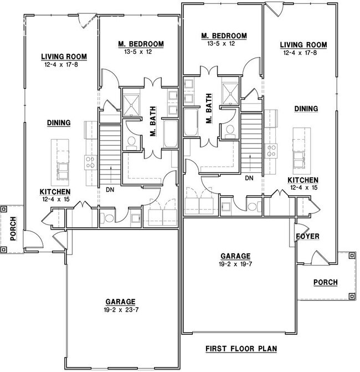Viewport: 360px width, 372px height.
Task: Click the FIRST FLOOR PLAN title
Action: pos(241,349)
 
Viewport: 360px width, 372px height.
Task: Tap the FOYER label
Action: pos(308,236)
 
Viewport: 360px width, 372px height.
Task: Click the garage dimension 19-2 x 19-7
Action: pos(236,264)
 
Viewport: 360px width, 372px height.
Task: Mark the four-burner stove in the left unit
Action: pos(90,162)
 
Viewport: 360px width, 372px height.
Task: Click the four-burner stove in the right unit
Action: pos(272,150)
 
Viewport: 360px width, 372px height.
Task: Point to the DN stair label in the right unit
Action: pos(249,178)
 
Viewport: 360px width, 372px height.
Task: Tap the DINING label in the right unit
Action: pos(306,109)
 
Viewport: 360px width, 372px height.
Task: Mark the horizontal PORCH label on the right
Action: pos(325,283)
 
